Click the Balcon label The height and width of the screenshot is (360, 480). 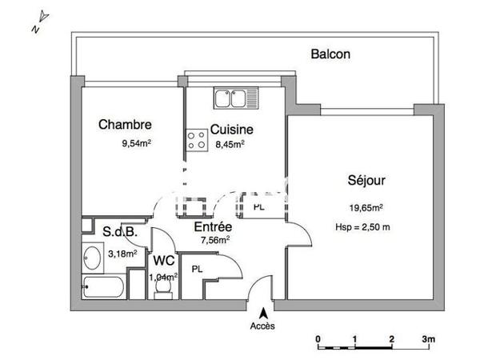pyautogui.click(x=330, y=55)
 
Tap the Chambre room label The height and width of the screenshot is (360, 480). pyautogui.click(x=125, y=125)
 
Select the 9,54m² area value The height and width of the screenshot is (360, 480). pyautogui.click(x=135, y=145)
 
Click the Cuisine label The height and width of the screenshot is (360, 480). pyautogui.click(x=232, y=129)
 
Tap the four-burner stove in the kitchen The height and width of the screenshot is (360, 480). pyautogui.click(x=196, y=141)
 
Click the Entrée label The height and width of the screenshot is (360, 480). pyautogui.click(x=214, y=226)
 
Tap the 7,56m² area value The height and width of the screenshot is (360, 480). pyautogui.click(x=214, y=239)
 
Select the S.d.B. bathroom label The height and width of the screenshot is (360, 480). pyautogui.click(x=122, y=232)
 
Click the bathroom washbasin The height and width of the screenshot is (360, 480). pyautogui.click(x=90, y=258)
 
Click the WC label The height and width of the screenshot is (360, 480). pyautogui.click(x=164, y=261)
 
